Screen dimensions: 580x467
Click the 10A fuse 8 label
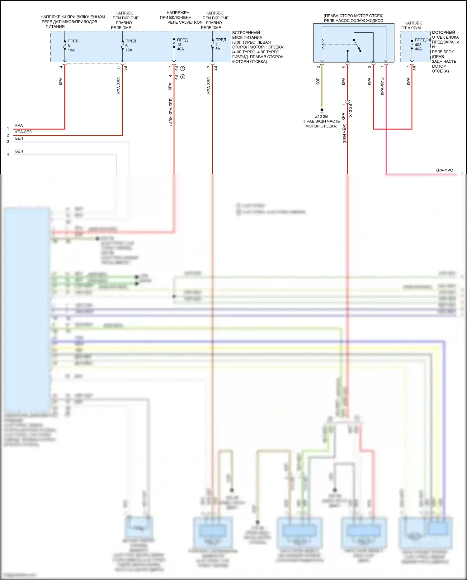(71, 46)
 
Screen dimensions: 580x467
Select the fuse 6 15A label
(129, 46)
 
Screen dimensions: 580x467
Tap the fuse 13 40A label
(181, 45)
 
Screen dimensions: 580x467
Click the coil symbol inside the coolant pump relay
(322, 45)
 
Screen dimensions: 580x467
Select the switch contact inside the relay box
(357, 45)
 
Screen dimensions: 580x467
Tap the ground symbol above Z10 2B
(322, 110)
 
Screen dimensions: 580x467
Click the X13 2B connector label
(351, 111)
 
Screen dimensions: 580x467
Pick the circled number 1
(183, 68)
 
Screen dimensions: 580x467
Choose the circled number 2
(183, 77)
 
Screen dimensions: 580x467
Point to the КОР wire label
(318, 81)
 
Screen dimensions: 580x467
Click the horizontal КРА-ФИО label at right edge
(444, 170)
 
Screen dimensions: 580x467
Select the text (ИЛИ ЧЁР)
(344, 134)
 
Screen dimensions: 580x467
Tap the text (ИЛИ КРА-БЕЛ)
(171, 112)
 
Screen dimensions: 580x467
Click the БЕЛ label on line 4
(19, 151)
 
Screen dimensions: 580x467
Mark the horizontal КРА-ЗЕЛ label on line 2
(23, 132)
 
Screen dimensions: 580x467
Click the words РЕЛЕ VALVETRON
(185, 22)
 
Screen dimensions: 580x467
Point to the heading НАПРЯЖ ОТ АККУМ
(412, 26)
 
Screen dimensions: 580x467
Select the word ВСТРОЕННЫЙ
(246, 33)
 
